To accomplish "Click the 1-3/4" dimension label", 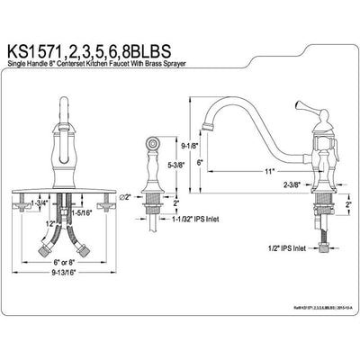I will (x=38, y=205).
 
